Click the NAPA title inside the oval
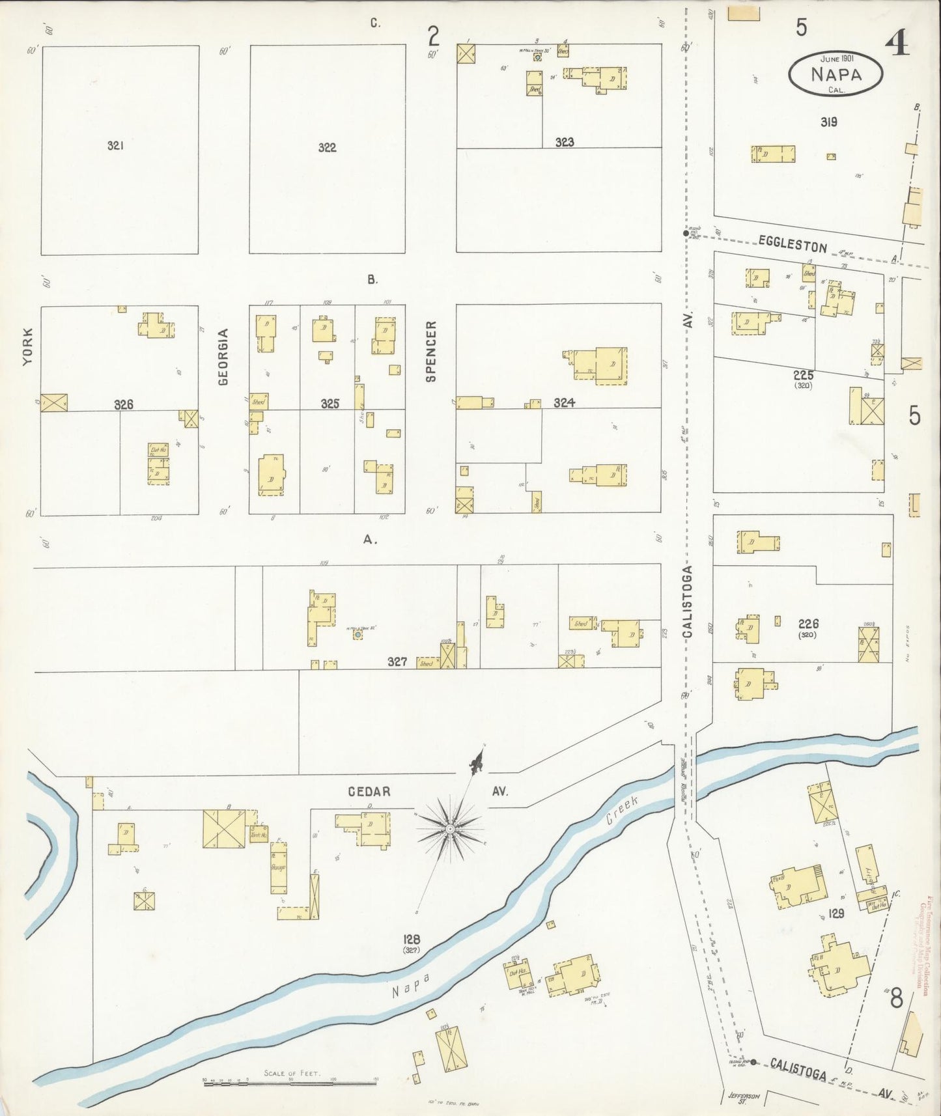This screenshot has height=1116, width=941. [x=836, y=74]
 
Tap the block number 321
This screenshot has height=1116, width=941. [x=115, y=146]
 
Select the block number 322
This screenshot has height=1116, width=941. [x=327, y=148]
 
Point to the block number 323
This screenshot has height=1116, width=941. [x=564, y=142]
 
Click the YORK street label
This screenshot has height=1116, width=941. [x=28, y=346]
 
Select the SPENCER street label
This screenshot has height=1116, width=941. [x=430, y=351]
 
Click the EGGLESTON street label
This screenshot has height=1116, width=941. [x=793, y=244]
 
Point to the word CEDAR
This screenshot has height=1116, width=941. [x=369, y=792]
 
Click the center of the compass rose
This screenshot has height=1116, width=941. [x=449, y=828]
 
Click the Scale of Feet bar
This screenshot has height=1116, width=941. [x=290, y=1081]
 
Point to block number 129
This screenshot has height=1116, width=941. [x=836, y=914]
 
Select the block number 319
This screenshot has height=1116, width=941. [x=828, y=122]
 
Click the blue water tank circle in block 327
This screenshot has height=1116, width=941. [x=358, y=634]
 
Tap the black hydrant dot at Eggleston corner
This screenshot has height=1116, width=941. [x=685, y=233]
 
